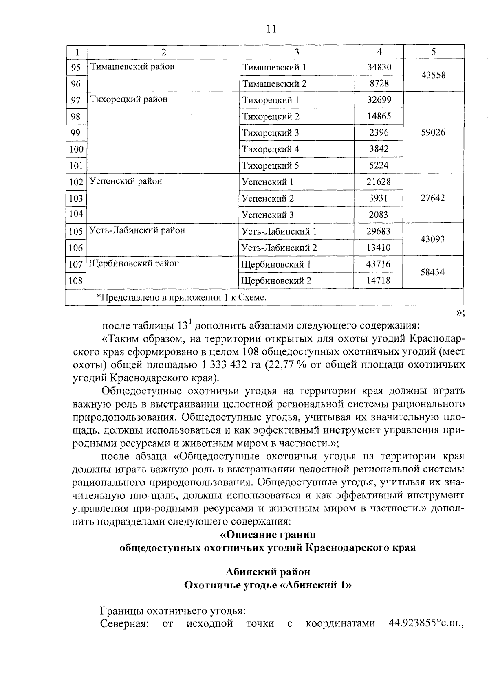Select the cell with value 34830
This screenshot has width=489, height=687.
click(x=379, y=67)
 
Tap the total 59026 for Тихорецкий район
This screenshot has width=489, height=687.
click(x=433, y=132)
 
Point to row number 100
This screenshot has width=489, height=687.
click(x=76, y=149)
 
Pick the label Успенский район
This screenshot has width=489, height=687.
click(x=126, y=181)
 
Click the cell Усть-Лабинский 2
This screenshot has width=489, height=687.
click(x=279, y=248)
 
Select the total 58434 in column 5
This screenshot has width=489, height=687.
click(x=432, y=272)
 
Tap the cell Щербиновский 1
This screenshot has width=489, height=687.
click(x=276, y=264)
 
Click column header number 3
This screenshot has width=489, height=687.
click(x=297, y=52)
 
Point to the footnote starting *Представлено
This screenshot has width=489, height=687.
click(x=181, y=297)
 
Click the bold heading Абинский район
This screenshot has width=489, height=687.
click(x=268, y=572)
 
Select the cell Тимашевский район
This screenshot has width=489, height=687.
click(x=132, y=67)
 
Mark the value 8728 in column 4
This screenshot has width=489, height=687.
click(x=379, y=83)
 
